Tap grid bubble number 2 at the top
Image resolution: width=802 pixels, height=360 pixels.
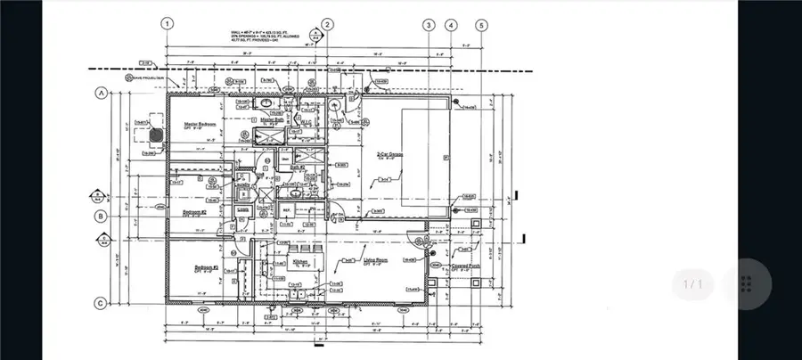tap(328, 24)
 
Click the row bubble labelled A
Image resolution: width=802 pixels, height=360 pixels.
tap(102, 92)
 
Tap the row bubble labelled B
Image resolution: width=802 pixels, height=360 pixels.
tap(102, 215)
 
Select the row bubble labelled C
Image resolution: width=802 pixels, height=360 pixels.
tap(102, 303)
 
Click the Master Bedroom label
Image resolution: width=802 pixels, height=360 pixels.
tap(201, 124)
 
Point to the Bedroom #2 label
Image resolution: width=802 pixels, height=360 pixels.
tap(195, 212)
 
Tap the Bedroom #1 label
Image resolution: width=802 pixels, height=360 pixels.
tap(207, 266)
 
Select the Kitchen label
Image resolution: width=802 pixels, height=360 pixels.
tap(301, 262)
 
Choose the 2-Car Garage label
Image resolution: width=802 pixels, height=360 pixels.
tap(390, 155)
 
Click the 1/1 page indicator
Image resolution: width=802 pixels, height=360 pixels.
tap(693, 284)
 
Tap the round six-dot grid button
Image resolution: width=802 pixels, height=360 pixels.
tap(747, 284)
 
